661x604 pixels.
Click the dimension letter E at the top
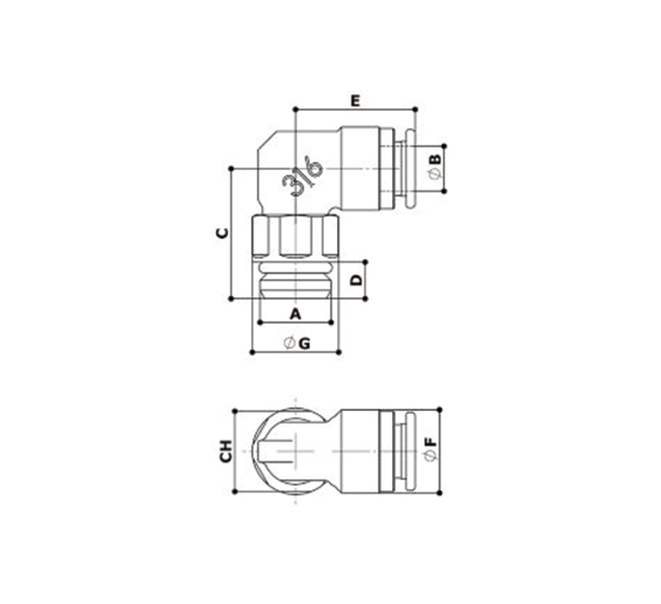356,101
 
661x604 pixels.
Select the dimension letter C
222,233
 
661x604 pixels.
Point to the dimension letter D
357,280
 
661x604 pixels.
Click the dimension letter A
295,313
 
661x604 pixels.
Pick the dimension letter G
304,344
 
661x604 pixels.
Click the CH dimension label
226,451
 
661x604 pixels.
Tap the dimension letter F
431,442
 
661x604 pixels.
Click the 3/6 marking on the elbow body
303,176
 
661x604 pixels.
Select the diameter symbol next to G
289,344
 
